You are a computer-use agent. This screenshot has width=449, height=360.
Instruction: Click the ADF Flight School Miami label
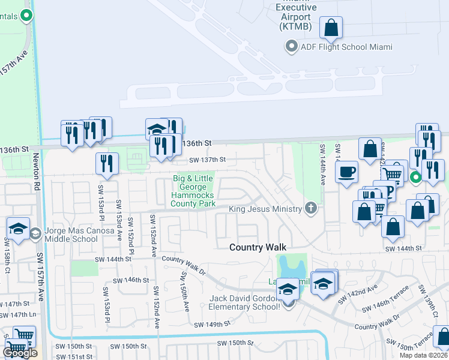pos(346,47)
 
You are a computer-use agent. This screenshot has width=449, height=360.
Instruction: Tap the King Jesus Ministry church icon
pos(310,208)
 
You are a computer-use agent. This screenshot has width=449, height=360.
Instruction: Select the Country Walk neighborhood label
pos(258,247)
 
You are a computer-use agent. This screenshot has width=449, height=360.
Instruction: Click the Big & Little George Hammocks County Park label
pos(194,191)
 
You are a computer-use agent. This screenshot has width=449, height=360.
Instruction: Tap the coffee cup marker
pos(346,172)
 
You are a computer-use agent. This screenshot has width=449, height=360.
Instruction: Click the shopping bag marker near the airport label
pos(331,27)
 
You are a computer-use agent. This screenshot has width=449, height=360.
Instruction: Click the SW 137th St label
pos(207,160)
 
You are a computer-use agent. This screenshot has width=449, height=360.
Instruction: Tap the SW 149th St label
pos(212,324)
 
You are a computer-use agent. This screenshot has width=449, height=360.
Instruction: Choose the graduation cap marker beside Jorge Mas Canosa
pos(19,229)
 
